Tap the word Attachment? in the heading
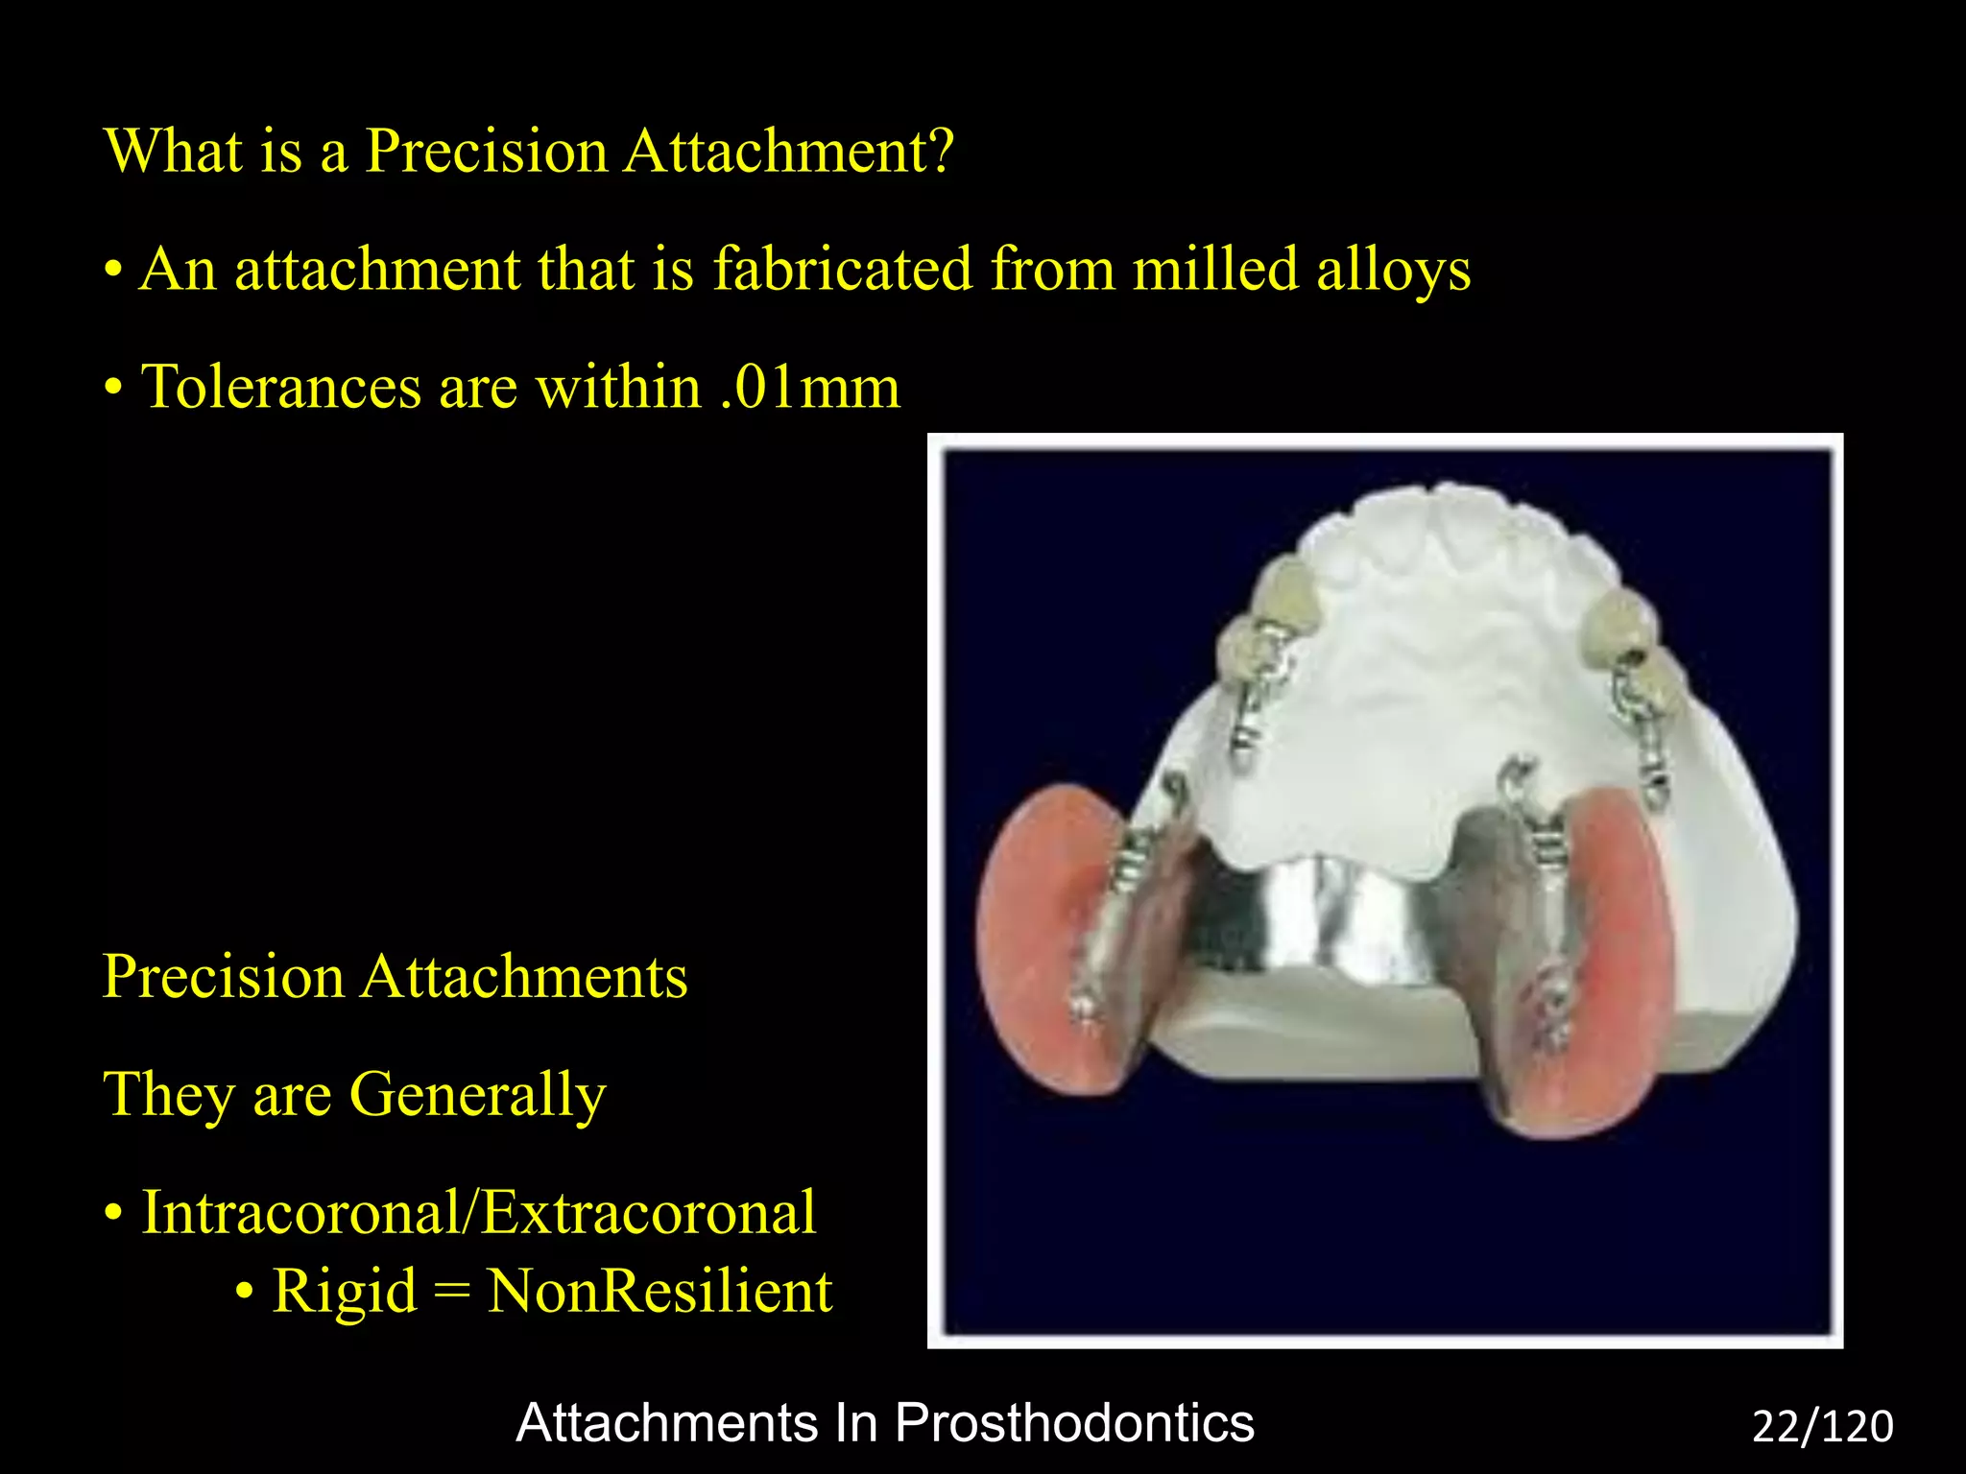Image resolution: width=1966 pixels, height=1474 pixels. point(788,152)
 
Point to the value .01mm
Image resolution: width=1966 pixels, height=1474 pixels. point(809,388)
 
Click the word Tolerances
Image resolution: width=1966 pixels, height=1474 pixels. point(281,388)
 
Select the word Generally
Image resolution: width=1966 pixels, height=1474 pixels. point(477,1096)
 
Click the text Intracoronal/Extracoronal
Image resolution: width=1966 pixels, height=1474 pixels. point(479,1213)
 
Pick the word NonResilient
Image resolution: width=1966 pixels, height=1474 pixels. point(659,1292)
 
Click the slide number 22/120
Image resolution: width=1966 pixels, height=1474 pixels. point(1822,1427)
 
